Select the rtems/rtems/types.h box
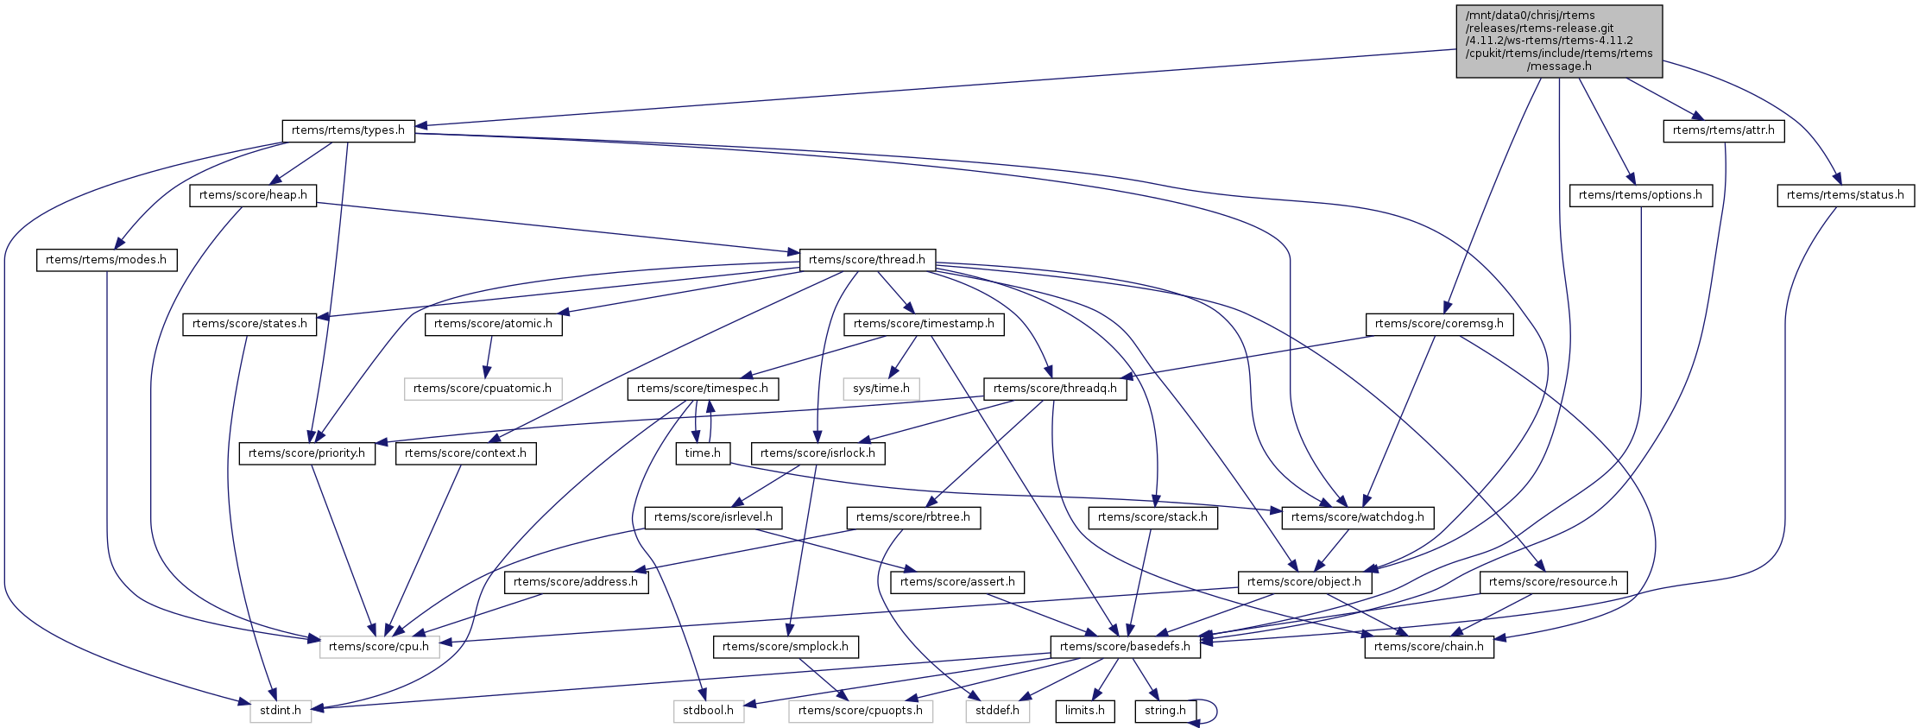pos(348,130)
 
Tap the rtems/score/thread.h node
pos(867,260)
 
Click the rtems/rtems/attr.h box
pos(1723,130)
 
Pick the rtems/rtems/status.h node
pos(1845,195)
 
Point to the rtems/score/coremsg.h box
pos(1439,325)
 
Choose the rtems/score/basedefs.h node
pos(1125,647)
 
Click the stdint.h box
pos(281,712)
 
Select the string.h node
pos(1165,712)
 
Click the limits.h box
pos(1085,712)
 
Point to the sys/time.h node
pos(881,389)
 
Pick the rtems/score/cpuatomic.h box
pos(483,389)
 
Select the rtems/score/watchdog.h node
pos(1359,518)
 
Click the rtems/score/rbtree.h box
pos(913,518)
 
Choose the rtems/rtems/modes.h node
pos(106,260)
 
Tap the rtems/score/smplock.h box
pos(786,647)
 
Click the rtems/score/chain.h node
pos(1429,647)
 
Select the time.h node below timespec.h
pos(703,453)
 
